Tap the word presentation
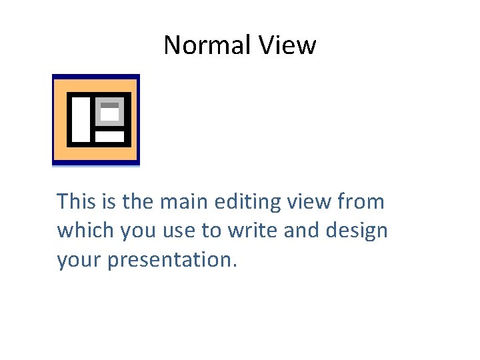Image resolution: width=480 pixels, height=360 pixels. (169, 260)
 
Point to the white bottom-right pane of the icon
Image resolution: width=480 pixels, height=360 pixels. (109, 137)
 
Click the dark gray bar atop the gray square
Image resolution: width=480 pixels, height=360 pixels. (109, 105)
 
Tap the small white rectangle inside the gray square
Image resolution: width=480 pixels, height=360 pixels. (109, 115)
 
